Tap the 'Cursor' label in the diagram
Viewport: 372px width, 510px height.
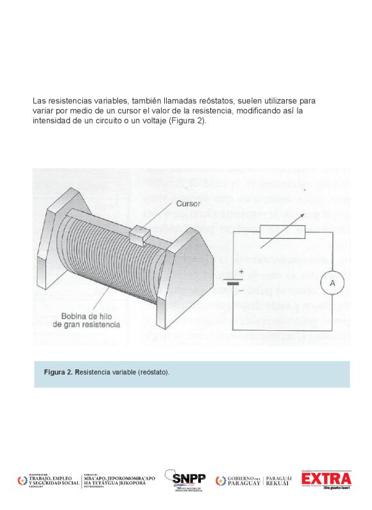tap(188, 204)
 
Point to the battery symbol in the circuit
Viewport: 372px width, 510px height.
tap(232, 281)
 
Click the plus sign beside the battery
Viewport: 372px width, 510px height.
tap(241, 272)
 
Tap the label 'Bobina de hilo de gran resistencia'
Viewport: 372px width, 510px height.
tap(90, 321)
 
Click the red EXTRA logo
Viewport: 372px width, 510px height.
tap(326, 479)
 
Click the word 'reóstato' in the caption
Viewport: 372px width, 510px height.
tap(153, 373)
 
